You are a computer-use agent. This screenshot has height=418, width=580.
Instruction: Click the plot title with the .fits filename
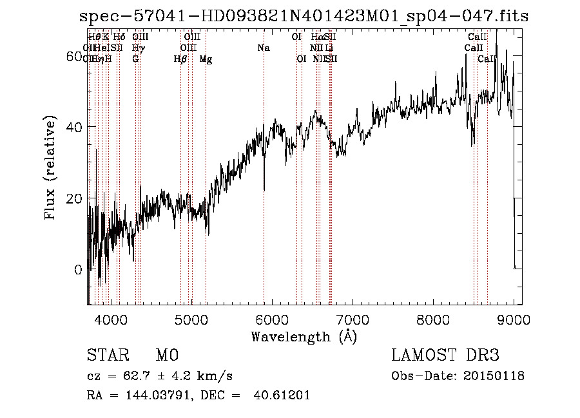(304, 16)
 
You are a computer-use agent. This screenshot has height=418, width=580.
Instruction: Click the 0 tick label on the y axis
(79, 270)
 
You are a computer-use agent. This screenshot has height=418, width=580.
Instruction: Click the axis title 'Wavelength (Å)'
(304, 336)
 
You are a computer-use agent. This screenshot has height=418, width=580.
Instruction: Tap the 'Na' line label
(263, 48)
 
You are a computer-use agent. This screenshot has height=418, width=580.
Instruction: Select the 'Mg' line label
(206, 59)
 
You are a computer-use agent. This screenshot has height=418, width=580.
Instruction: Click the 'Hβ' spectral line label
(180, 59)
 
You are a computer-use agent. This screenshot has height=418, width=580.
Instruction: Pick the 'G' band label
(135, 59)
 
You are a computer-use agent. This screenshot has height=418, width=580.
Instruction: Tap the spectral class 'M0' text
(167, 356)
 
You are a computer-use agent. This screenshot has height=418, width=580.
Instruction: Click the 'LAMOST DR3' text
(445, 356)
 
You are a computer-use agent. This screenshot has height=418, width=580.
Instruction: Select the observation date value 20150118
(494, 375)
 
